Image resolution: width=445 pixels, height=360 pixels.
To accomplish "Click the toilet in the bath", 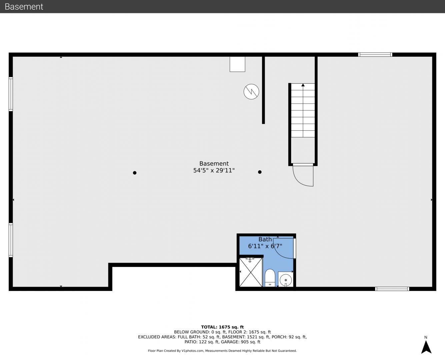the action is [270, 278].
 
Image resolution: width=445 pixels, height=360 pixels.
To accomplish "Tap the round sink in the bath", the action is [286, 280].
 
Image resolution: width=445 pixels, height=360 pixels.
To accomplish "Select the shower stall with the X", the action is [251, 272].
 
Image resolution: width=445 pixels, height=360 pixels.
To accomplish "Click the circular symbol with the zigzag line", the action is [251, 92].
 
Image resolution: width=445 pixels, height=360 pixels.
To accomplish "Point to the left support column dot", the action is [135, 173].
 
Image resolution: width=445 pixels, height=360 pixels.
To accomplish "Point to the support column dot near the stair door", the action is [260, 172].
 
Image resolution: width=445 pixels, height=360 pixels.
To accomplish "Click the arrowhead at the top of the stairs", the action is [303, 85].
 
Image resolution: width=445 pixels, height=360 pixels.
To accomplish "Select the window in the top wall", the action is [375, 55].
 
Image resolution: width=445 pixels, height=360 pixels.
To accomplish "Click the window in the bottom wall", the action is [392, 289].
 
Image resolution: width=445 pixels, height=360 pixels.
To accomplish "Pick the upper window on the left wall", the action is [11, 94].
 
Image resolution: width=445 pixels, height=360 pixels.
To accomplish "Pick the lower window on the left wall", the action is [11, 240].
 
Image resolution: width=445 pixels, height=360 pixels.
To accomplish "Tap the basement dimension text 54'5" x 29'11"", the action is [214, 170].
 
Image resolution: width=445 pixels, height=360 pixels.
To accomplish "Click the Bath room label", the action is [265, 239].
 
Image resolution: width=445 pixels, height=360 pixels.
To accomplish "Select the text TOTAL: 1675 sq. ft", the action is [222, 327].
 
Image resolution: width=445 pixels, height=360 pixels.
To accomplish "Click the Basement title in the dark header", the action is [24, 7].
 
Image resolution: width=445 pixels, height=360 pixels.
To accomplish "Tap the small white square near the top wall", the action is [237, 64].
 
